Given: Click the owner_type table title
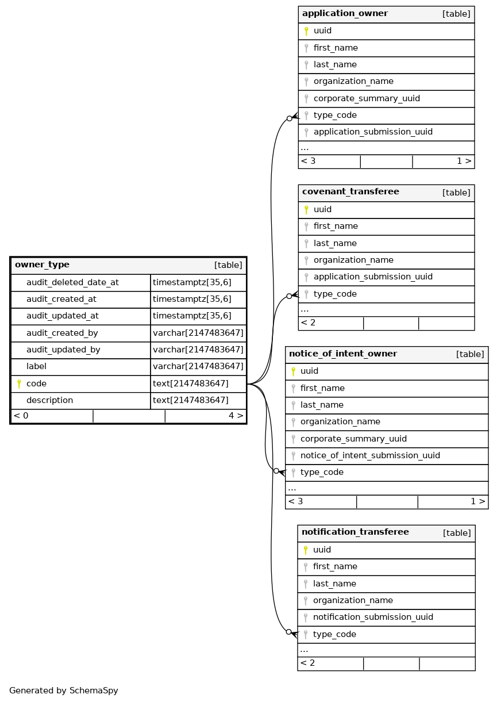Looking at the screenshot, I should (42, 265).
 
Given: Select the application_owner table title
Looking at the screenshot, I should (345, 14).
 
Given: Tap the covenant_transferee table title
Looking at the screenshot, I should (350, 192).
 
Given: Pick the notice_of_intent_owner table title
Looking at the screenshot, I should (343, 354).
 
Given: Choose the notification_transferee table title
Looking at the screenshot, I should (355, 532).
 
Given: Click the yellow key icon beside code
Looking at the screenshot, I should (18, 383).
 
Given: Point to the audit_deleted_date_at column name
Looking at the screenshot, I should (72, 282).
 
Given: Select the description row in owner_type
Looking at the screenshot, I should (49, 400).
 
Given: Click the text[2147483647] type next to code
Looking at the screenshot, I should (190, 383).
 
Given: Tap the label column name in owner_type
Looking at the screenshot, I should (36, 366).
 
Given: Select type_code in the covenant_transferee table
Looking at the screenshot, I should (335, 294).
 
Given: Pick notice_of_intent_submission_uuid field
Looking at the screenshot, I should (370, 455).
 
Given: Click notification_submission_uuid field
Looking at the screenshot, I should (373, 617).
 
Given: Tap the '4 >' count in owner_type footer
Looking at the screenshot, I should (236, 415).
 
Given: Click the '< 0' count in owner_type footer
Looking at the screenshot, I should (21, 415).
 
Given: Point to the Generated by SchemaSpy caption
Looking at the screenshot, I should (64, 691).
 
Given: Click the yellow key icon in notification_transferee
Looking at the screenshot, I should (306, 550).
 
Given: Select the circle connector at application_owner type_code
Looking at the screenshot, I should (289, 118).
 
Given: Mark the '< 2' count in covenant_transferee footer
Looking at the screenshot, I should (308, 323).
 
